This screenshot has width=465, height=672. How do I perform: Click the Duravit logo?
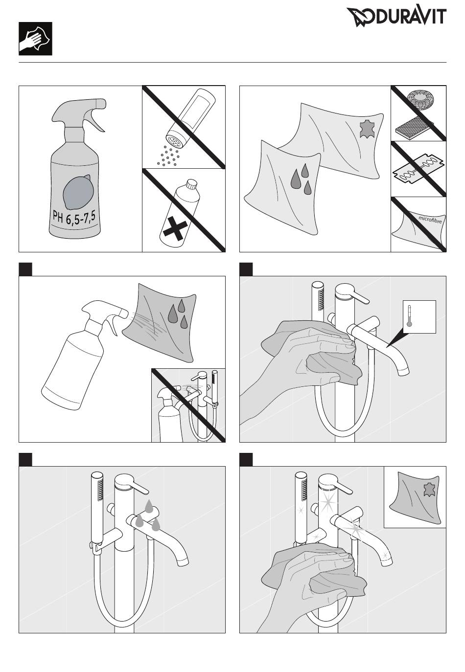[x=396, y=17]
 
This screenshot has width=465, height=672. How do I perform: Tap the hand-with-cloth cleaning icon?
[x=35, y=39]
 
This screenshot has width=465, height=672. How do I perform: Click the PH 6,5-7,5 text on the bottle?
[x=74, y=216]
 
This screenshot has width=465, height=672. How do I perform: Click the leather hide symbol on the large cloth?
[x=367, y=129]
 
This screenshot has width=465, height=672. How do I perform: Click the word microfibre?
[x=430, y=219]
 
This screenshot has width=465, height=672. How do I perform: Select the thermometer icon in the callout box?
[x=409, y=316]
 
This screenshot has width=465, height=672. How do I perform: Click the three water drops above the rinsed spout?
[x=147, y=515]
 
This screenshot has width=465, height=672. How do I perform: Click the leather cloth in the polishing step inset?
[x=415, y=498]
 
